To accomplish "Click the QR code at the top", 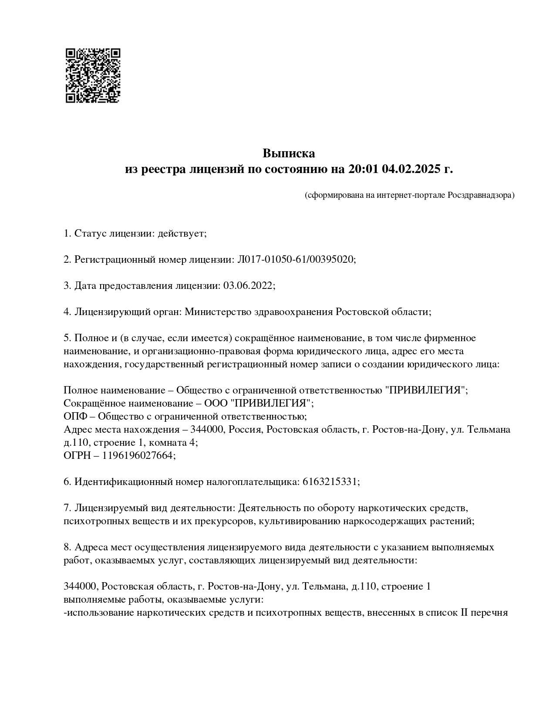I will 93,75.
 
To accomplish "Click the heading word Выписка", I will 288,153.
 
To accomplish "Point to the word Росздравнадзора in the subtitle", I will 481,195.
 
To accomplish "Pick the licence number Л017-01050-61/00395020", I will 295,260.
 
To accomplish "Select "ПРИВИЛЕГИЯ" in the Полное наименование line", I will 426,390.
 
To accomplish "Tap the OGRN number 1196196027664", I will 138,455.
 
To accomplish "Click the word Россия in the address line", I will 245,429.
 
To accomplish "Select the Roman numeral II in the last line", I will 464,612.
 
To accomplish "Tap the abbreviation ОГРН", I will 76,455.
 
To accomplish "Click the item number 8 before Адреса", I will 67,547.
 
